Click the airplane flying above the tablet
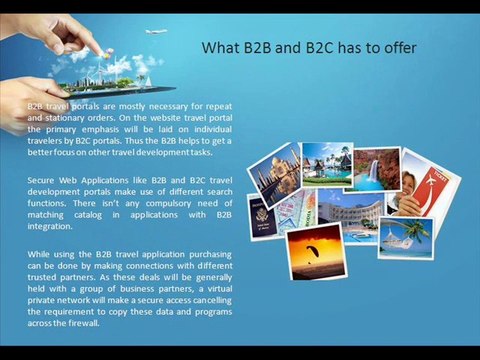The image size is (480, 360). pyautogui.click(x=155, y=31)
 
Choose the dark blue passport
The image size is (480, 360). pyautogui.click(x=263, y=214)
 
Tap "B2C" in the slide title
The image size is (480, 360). pyautogui.click(x=307, y=48)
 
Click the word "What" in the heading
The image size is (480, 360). pyautogui.click(x=220, y=48)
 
